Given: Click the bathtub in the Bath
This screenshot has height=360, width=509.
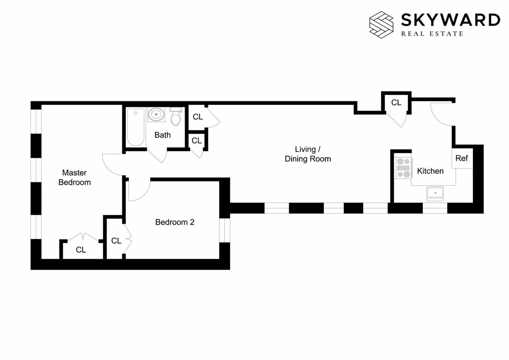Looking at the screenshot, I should point(136,127).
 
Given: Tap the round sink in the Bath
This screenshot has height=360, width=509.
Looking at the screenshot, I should point(156,115).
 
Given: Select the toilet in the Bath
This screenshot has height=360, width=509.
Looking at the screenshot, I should point(176,116).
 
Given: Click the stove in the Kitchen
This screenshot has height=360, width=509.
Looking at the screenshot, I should point(403,168).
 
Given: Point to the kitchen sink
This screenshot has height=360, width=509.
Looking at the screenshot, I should point(435,194).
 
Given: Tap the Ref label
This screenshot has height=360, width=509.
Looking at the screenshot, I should point(461,158).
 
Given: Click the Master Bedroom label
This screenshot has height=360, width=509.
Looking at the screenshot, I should point(75,177).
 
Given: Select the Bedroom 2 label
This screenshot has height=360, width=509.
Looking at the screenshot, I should point(175,222).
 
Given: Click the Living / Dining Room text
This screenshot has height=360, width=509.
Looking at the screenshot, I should point(308,154).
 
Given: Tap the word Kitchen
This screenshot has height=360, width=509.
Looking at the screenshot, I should point(430,171).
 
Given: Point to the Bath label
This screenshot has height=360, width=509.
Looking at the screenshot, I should point(162,135).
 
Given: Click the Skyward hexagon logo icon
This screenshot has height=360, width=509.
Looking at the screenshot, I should point(382,23).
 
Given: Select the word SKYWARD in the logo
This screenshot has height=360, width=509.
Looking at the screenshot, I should point(450,20).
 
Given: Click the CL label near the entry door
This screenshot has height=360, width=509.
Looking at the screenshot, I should point(396,103).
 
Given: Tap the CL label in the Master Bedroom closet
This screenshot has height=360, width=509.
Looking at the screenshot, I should point(81,250).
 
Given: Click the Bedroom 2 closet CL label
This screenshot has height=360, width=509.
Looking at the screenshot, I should point(116,241).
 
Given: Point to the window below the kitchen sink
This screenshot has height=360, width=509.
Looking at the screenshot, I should point(435,208).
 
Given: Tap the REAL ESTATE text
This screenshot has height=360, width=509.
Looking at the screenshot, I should point(432,34).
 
